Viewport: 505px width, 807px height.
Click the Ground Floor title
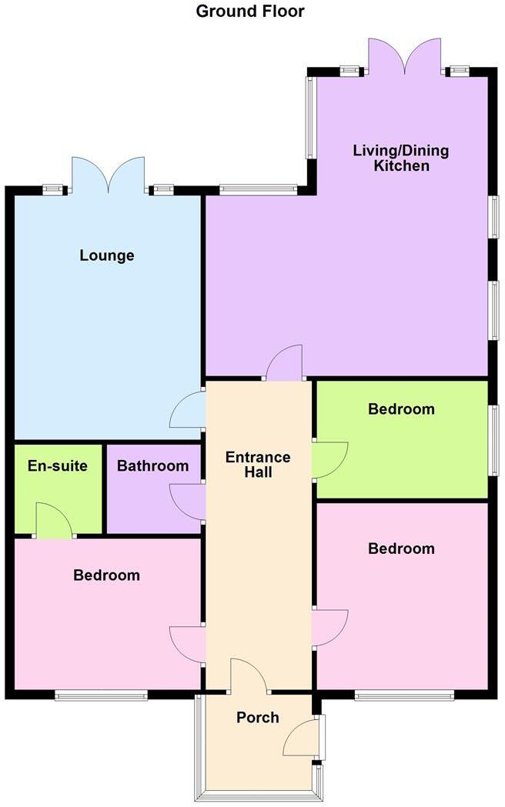pyautogui.click(x=250, y=12)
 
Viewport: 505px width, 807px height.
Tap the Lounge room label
pyautogui.click(x=107, y=255)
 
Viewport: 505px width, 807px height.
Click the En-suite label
pyautogui.click(x=58, y=466)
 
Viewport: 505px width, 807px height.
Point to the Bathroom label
pyautogui.click(x=152, y=466)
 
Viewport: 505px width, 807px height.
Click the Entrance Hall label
pyautogui.click(x=258, y=465)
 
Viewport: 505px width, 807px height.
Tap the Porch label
pyautogui.click(x=258, y=718)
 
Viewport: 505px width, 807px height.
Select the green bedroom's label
pyautogui.click(x=401, y=409)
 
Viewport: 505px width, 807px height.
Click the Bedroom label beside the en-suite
pyautogui.click(x=107, y=575)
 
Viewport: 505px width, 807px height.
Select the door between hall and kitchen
pyautogui.click(x=286, y=364)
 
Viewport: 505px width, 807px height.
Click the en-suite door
pyautogui.click(x=54, y=521)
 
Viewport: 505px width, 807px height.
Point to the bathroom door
pyautogui.click(x=187, y=502)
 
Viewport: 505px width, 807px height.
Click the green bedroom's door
pyautogui.click(x=331, y=460)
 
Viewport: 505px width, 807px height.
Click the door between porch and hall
pyautogui.click(x=248, y=675)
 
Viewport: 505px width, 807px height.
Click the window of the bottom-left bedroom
pyautogui.click(x=101, y=696)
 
